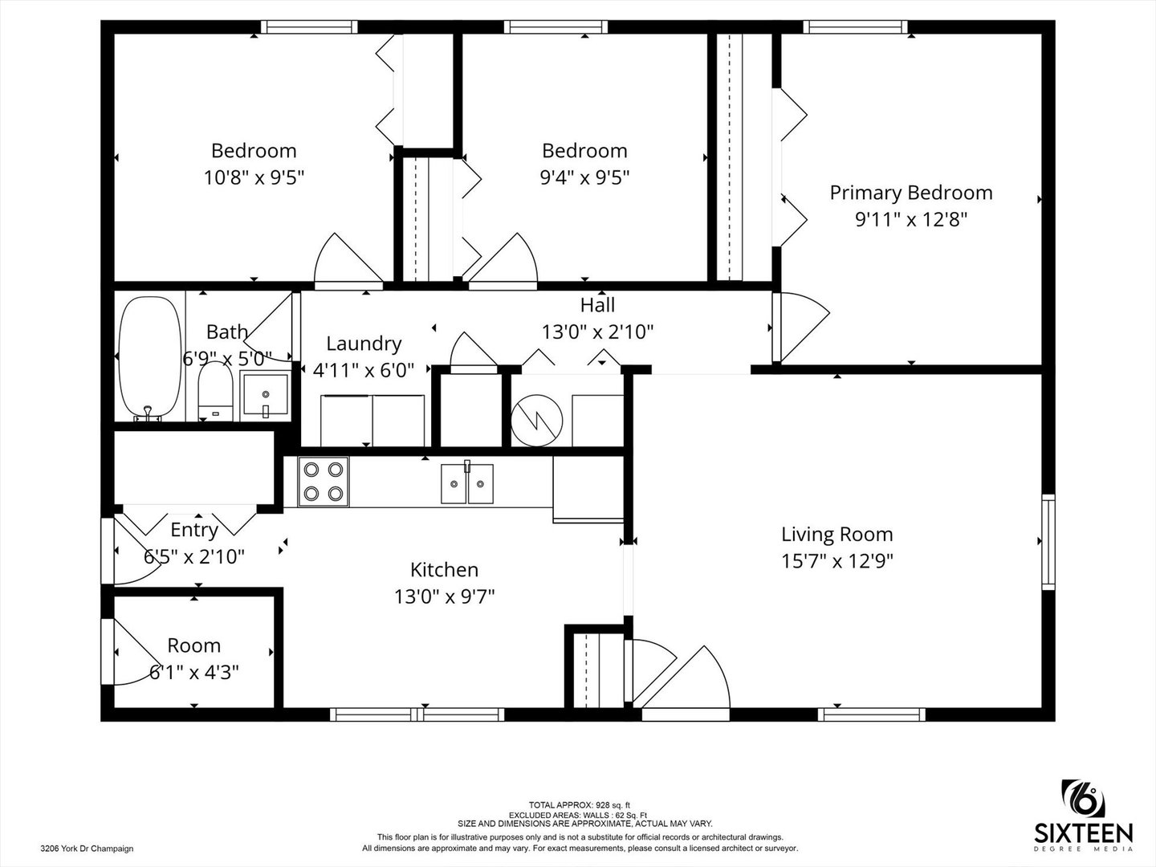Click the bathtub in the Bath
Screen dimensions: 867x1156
pyautogui.click(x=150, y=358)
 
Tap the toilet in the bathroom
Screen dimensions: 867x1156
pyautogui.click(x=214, y=394)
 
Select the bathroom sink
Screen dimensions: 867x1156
pyautogui.click(x=264, y=395)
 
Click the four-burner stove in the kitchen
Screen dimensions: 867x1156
pyautogui.click(x=324, y=482)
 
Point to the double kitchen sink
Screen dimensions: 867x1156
pyautogui.click(x=466, y=483)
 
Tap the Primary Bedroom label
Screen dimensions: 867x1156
pyautogui.click(x=910, y=193)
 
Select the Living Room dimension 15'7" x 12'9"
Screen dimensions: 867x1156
pyautogui.click(x=836, y=560)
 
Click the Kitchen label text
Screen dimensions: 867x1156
pyautogui.click(x=444, y=570)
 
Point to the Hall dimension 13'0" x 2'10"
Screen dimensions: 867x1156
pyautogui.click(x=597, y=332)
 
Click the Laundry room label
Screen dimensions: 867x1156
pyautogui.click(x=364, y=344)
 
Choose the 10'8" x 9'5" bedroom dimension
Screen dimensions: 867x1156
pyautogui.click(x=254, y=177)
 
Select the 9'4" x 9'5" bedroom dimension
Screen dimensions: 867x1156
pyautogui.click(x=584, y=177)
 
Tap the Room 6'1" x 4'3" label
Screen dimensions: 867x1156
pyautogui.click(x=193, y=658)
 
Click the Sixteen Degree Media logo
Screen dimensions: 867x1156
pyautogui.click(x=1083, y=815)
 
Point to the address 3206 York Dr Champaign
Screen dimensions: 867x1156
pyautogui.click(x=87, y=848)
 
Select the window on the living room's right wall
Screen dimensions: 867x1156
pyautogui.click(x=1048, y=543)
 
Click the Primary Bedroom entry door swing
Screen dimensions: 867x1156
pyautogui.click(x=799, y=325)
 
